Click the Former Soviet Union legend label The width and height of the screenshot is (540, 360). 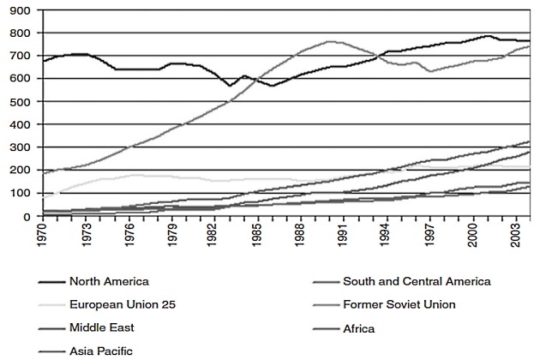coord(398,304)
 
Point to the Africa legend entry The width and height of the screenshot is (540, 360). coord(358,327)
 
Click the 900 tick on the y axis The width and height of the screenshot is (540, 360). coord(21,10)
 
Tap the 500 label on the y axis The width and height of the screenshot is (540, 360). coord(21,102)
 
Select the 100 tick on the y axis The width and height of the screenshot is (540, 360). coord(21,194)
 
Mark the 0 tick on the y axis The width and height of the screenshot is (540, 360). coord(27,217)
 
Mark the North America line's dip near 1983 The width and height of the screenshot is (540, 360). coord(230,87)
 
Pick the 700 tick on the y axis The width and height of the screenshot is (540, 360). coord(21,57)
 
